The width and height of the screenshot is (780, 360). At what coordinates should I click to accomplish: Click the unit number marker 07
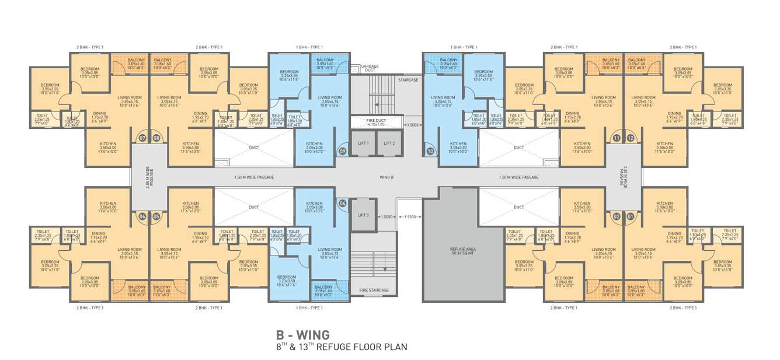[142, 138]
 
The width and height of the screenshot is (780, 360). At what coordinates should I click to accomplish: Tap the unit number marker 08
[156, 138]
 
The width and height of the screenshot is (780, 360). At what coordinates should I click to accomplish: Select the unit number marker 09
[343, 151]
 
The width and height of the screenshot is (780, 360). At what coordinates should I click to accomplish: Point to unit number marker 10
[431, 151]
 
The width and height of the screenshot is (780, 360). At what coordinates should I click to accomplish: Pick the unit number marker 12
[631, 138]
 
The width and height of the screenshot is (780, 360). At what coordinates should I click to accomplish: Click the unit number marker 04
[343, 203]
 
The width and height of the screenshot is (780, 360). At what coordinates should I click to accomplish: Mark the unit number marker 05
[156, 216]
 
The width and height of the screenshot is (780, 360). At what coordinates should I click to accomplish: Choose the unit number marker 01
[631, 216]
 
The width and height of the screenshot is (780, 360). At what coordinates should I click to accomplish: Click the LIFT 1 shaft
[363, 143]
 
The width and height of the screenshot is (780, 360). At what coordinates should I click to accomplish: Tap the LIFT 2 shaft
[389, 143]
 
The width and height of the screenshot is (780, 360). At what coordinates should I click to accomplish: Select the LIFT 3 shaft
[363, 215]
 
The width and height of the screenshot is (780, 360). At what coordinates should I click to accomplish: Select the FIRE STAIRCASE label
[374, 290]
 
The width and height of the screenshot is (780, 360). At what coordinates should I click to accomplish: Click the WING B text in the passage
[386, 177]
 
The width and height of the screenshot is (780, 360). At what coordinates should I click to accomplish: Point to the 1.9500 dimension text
[410, 216]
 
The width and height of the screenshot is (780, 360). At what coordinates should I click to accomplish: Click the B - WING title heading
[302, 335]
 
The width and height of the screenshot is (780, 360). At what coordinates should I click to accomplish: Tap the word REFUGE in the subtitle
[347, 347]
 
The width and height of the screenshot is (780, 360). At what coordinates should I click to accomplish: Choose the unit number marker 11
[617, 138]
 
